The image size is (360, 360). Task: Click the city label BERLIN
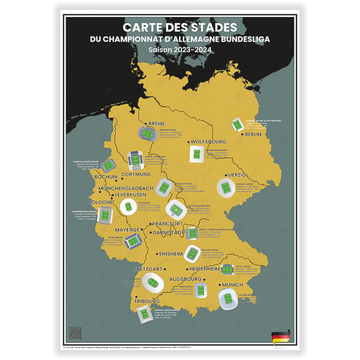coord(253,134)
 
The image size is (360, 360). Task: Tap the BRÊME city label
coord(156,124)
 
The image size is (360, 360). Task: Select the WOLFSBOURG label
coord(208,142)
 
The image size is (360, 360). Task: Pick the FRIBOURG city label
coord(147,301)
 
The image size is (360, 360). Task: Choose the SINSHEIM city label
coord(171,254)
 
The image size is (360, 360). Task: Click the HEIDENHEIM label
coord(204,269)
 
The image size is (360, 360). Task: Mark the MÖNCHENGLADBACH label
coord(126,188)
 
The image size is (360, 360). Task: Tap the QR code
coord(75,333)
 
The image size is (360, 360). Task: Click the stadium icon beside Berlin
coord(237,124)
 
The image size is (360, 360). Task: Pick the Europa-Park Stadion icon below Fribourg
coord(144,316)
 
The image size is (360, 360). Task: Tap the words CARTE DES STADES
coord(180,28)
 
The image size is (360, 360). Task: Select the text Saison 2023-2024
coord(180,50)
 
